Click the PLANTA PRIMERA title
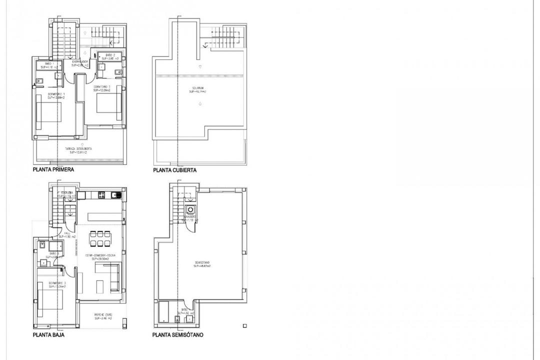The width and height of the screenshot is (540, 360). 53,170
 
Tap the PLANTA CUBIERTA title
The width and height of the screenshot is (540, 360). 174,170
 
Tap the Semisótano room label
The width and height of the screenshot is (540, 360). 202,264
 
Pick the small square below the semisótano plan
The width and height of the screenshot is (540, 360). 244,326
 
